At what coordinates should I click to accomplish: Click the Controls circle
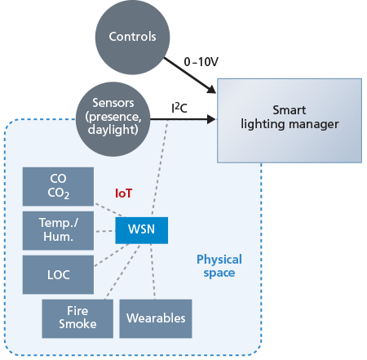point(132,38)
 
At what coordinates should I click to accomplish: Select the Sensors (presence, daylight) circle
point(113,119)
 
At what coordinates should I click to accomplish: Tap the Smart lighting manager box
point(290,121)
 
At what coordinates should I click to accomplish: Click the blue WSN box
point(141,230)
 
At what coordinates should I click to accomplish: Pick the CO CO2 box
point(58,186)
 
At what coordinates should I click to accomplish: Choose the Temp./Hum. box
point(58,230)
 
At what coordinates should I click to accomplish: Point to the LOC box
point(58,274)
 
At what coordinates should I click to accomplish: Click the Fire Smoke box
point(77,318)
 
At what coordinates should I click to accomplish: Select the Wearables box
point(156,318)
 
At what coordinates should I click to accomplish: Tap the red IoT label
point(124,193)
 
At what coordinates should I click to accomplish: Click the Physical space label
point(219,266)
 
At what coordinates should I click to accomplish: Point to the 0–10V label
point(201,62)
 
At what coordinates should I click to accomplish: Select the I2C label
point(179,108)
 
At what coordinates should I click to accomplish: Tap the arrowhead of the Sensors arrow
point(211,119)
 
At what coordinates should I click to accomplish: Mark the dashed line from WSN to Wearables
point(153,272)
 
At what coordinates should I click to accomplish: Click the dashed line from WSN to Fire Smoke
point(122,272)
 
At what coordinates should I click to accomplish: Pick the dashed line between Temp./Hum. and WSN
point(105,231)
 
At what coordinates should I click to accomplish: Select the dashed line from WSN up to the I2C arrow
point(160,169)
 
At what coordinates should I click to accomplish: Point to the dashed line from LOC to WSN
point(111,256)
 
